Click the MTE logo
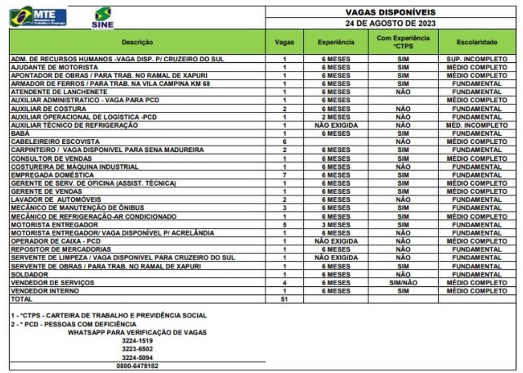pos(38,17)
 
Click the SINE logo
pos(103,18)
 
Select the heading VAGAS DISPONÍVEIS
pos(390,12)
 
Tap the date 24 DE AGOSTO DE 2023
pos(390,23)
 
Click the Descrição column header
pos(137,42)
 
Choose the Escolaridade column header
pos(477,42)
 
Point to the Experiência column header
pos(336,42)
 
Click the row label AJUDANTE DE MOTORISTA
pos(54,68)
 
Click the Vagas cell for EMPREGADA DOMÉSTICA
pos(284,175)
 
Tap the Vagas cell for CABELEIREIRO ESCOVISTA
pos(284,142)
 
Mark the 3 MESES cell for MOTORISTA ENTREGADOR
pos(336,225)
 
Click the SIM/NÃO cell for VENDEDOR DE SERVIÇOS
pos(403,283)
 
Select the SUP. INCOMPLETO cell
pos(477,59)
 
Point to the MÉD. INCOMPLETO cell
pos(477,126)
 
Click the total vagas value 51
pos(284,300)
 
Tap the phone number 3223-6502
pos(137,349)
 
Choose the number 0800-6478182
pos(137,366)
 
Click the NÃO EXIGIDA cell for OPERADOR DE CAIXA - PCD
pos(336,242)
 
